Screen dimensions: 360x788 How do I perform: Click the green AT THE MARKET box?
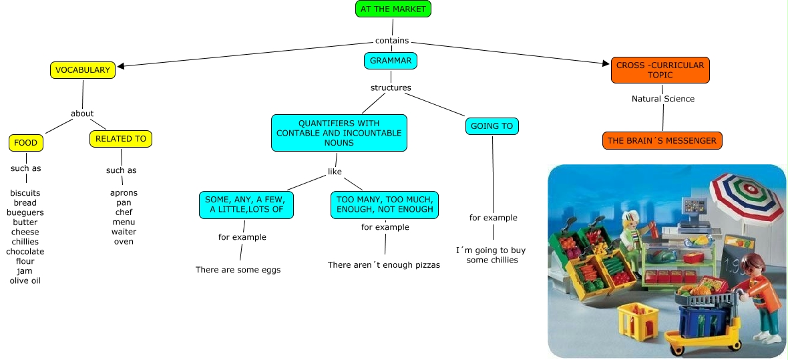tap(393, 9)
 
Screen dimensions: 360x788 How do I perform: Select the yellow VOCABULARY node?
tap(83, 69)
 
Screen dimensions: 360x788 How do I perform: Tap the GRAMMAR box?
tap(391, 61)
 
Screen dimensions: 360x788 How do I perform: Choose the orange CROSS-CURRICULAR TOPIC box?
tap(660, 70)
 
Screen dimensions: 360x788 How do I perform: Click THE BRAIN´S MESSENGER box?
tap(662, 141)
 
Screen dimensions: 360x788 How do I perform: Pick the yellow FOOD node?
tap(26, 142)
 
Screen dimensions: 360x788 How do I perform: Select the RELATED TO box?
tap(121, 139)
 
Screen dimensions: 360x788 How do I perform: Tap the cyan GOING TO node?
tap(491, 126)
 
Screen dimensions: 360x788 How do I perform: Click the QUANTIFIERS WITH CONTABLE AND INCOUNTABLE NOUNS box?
tap(339, 133)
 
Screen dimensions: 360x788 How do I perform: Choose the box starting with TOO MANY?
tap(385, 204)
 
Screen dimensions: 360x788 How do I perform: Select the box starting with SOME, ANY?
tap(246, 204)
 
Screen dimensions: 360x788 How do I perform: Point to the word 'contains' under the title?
tap(392, 40)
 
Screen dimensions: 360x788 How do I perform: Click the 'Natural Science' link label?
tap(663, 99)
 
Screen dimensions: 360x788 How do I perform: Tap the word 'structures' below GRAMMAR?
tap(391, 87)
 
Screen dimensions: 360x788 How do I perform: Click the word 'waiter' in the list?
tap(124, 232)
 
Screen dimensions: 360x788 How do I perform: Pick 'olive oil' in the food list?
tap(25, 281)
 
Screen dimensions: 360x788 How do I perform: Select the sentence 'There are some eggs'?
tap(238, 270)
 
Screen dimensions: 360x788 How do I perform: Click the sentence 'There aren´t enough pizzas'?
tap(384, 265)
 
